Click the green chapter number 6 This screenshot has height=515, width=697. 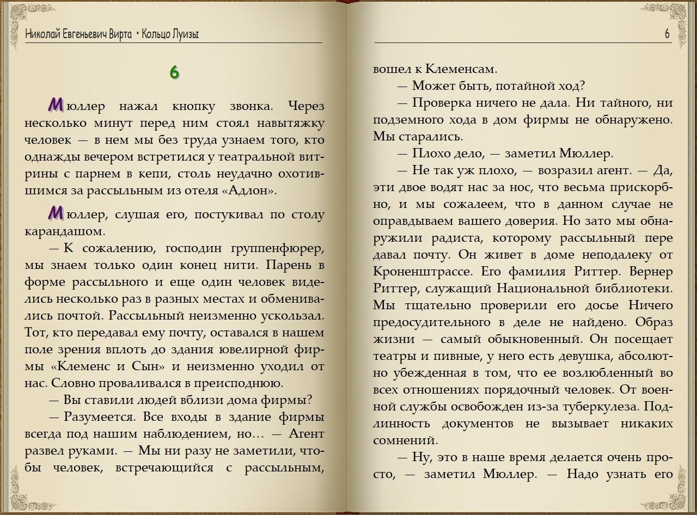pos(174,72)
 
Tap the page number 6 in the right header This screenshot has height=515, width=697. pos(667,34)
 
